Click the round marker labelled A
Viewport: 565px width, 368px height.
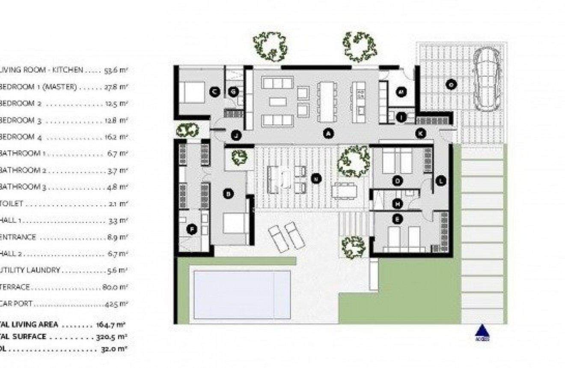(328, 134)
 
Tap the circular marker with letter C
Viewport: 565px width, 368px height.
(215, 91)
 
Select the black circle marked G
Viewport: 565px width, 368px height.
(234, 91)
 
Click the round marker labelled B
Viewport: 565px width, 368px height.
(228, 194)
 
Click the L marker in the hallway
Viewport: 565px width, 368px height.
(440, 181)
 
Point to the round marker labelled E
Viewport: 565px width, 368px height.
(398, 219)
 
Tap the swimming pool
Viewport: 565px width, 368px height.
(242, 294)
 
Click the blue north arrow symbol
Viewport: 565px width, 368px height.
(482, 332)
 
